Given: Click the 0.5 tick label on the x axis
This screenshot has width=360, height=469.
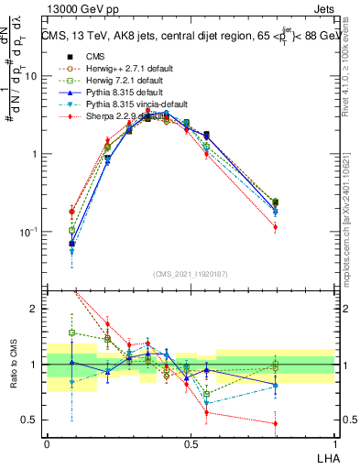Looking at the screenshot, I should (x=191, y=442).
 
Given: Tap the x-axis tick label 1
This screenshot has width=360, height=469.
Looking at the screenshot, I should (x=335, y=442).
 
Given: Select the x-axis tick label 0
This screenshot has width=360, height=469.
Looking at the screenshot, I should (x=47, y=442).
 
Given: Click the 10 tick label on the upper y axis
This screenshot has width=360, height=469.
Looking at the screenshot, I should (x=31, y=76).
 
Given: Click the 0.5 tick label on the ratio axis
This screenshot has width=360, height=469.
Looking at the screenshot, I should (x=29, y=420).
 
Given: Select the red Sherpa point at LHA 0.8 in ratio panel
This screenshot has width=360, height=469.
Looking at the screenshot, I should (x=276, y=423).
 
